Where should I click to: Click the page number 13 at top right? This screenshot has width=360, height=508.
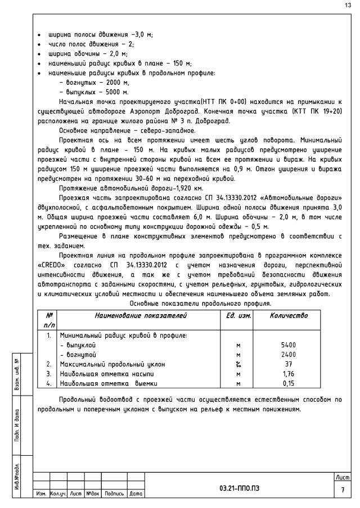pyautogui.click(x=347, y=6)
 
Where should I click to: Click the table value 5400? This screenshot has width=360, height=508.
pyautogui.click(x=288, y=344)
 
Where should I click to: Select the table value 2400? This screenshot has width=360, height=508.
pyautogui.click(x=288, y=354)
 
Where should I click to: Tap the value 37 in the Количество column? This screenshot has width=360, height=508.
pyautogui.click(x=288, y=364)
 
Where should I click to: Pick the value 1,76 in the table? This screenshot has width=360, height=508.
pyautogui.click(x=288, y=373)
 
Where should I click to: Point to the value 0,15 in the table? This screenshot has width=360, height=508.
pyautogui.click(x=288, y=383)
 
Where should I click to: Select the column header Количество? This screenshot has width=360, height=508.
pyautogui.click(x=289, y=316)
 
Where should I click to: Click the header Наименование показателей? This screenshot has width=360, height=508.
pyautogui.click(x=141, y=316)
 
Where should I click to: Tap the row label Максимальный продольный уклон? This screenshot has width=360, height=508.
pyautogui.click(x=108, y=364)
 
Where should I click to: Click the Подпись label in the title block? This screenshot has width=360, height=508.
pyautogui.click(x=115, y=494)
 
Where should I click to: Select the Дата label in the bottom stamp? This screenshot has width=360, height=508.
pyautogui.click(x=136, y=494)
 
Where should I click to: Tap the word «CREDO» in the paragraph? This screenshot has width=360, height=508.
pyautogui.click(x=49, y=265)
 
